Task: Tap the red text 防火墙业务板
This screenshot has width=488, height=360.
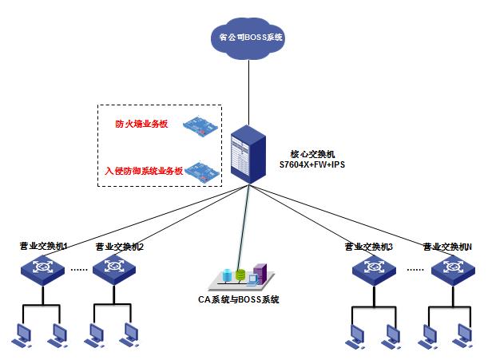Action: pyautogui.click(x=143, y=124)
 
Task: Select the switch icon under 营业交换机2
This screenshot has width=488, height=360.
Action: pyautogui.click(x=115, y=268)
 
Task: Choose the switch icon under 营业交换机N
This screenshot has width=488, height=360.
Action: pyautogui.click(x=451, y=268)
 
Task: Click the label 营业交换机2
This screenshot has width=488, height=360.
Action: pyautogui.click(x=119, y=247)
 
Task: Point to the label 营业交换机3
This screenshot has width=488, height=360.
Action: pyautogui.click(x=368, y=247)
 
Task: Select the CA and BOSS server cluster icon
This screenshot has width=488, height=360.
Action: pyautogui.click(x=240, y=277)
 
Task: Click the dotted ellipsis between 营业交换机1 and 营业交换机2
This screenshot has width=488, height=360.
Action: pyautogui.click(x=79, y=269)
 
